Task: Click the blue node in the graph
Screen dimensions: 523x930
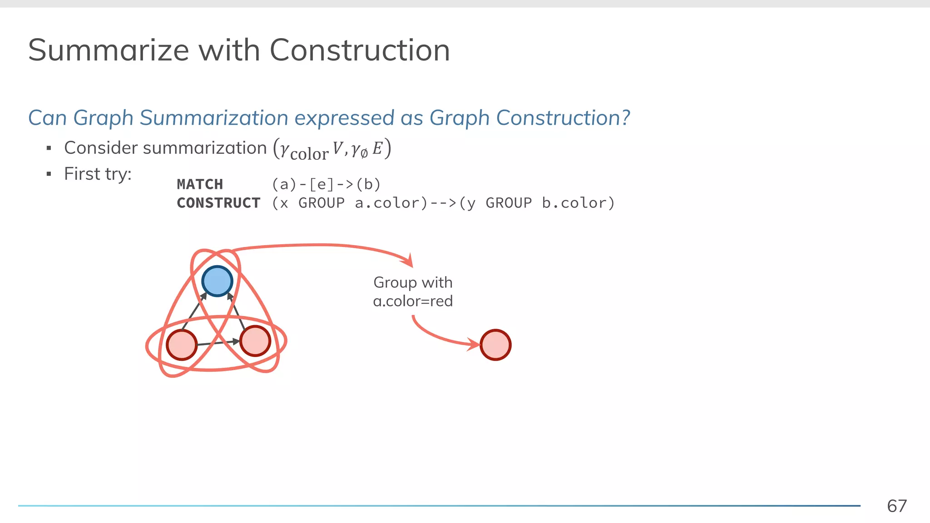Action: click(217, 281)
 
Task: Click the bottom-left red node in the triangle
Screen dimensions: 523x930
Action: click(182, 345)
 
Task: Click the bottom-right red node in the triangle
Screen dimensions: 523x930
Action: click(255, 340)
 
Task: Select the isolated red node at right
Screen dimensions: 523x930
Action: click(495, 345)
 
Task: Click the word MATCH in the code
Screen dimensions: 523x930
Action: click(200, 184)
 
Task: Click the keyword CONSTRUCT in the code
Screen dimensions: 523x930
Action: click(218, 203)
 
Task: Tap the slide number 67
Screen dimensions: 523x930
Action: click(896, 506)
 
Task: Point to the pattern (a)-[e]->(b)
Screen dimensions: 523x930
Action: click(326, 184)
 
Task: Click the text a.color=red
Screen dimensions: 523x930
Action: click(413, 301)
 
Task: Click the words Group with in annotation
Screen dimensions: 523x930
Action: click(413, 282)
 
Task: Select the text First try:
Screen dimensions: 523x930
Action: click(98, 174)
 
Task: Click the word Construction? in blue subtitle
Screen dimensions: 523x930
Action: click(563, 118)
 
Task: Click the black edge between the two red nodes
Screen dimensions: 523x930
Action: click(218, 343)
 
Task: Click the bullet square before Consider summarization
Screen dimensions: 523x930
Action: click(49, 148)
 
